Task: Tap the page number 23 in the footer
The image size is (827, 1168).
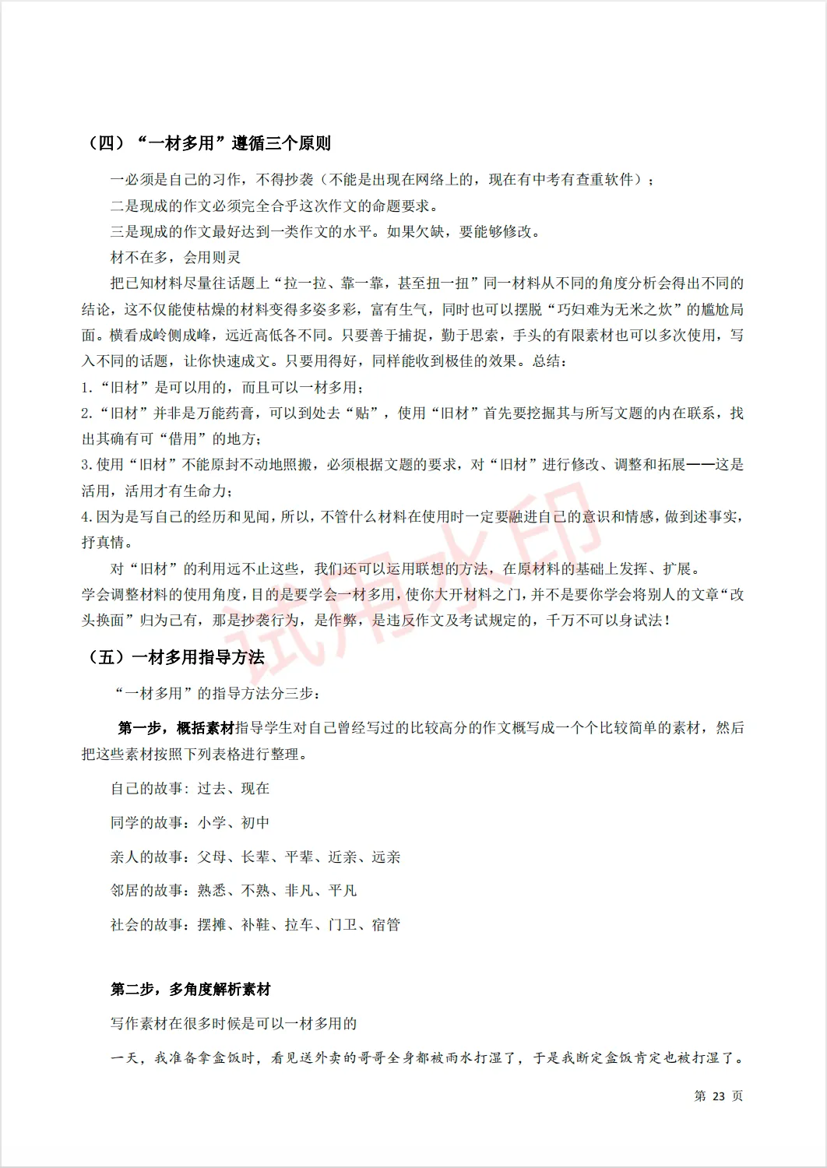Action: (x=718, y=1096)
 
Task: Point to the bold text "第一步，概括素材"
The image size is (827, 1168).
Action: (x=176, y=728)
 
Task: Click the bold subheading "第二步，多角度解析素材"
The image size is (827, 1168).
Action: (x=191, y=990)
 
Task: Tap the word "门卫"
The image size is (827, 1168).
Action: (x=343, y=925)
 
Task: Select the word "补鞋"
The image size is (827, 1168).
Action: (x=255, y=925)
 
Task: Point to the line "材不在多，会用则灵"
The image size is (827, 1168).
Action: (x=175, y=258)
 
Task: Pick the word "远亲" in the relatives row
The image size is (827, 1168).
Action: (x=386, y=857)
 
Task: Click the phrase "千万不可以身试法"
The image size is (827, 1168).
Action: (x=604, y=621)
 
